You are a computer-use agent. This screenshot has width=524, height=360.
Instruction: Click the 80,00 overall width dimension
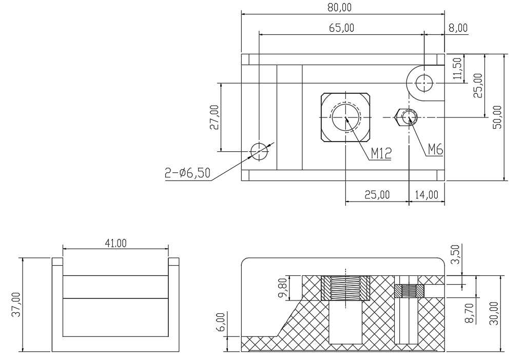coord(340,8)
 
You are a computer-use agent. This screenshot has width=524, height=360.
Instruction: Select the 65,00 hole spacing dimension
coord(341,28)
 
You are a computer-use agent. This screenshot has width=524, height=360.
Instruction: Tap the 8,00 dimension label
coord(458,28)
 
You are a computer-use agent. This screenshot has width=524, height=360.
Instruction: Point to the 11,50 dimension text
coord(457,68)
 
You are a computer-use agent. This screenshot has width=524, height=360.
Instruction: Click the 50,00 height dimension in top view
coord(497,117)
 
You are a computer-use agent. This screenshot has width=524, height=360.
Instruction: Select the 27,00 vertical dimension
coord(214,117)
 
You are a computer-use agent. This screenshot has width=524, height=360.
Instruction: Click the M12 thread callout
coord(381,154)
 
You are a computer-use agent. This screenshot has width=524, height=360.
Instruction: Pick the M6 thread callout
coord(435,149)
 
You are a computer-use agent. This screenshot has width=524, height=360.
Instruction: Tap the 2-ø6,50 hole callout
coord(187,173)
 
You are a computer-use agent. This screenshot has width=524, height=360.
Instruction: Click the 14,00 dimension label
coord(426,194)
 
